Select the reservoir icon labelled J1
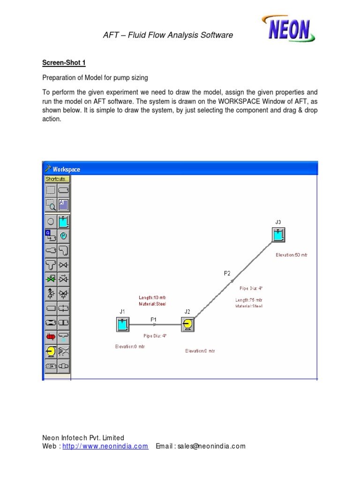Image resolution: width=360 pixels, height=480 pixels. tap(122, 325)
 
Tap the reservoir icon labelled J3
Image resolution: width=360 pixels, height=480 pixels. tap(278, 235)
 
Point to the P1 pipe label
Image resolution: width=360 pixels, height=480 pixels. tap(153, 319)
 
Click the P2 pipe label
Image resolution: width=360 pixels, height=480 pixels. tap(227, 273)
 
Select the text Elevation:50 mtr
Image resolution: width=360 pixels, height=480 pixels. tap(292, 255)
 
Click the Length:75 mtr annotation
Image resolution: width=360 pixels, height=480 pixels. tap(248, 300)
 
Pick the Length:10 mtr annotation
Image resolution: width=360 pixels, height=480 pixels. tap(152, 297)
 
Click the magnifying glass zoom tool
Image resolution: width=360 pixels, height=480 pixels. tap(51, 205)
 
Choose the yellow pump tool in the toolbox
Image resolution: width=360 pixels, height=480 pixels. tap(51, 351)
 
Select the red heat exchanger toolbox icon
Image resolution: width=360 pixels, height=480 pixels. tap(51, 336)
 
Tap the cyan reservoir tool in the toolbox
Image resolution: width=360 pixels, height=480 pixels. tap(64, 221)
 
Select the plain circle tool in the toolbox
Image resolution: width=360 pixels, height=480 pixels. tap(51, 221)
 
